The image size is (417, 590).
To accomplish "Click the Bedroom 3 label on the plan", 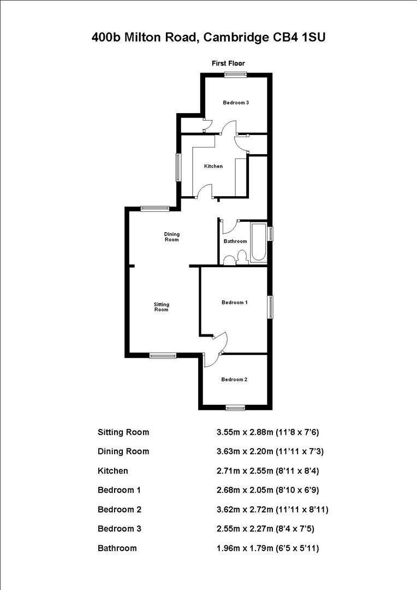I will (236, 103).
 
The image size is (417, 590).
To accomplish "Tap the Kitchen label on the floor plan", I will (213, 166).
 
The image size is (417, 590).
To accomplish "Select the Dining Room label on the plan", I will (172, 237).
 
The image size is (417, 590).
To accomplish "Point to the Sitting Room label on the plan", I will (161, 307).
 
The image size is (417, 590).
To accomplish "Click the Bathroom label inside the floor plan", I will (235, 241).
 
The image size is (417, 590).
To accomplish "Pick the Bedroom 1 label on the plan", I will (235, 302).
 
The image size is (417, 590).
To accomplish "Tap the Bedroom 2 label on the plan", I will (235, 380).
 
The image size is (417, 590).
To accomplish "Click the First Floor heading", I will (228, 64).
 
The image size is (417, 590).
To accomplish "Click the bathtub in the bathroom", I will (258, 243).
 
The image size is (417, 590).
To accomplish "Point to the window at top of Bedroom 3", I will (235, 75).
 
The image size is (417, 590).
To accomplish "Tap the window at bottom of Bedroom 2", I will (236, 407).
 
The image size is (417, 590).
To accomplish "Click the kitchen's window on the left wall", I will (178, 167).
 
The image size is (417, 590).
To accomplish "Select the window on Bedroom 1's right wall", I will (270, 306).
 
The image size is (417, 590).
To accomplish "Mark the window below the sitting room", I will (163, 356).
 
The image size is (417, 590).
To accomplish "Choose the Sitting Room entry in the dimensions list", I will (123, 432).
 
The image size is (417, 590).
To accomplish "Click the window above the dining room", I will (155, 208).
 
